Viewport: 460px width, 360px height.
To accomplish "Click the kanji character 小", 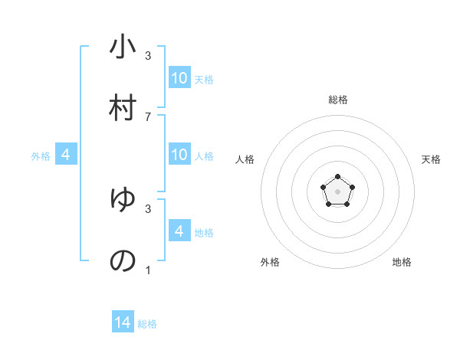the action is click(x=123, y=47).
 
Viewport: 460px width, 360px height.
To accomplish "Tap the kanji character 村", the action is click(x=123, y=107).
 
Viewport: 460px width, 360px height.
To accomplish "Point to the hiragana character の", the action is click(x=123, y=260).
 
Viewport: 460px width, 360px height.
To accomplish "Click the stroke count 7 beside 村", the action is click(x=148, y=116).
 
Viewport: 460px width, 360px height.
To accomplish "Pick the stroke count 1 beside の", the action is click(x=148, y=270).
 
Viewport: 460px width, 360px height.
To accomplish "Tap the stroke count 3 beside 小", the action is click(x=148, y=56).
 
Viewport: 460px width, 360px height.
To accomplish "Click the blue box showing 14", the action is click(x=123, y=322).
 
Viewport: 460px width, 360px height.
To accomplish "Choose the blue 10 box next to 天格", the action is click(x=179, y=78).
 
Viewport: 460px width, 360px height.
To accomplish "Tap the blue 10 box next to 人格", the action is click(x=179, y=155).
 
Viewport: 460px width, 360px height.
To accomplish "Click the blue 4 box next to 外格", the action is click(x=66, y=155).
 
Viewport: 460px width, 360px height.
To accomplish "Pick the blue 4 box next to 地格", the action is click(x=179, y=231).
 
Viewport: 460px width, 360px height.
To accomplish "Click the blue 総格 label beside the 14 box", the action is click(x=147, y=324).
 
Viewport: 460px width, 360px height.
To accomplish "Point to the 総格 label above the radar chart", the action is click(x=338, y=100).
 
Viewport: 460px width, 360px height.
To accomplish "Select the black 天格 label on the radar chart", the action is click(x=432, y=159).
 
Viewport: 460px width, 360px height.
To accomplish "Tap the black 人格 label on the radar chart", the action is click(x=245, y=159).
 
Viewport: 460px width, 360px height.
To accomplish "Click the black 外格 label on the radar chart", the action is click(x=270, y=262).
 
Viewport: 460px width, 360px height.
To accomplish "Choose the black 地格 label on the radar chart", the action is click(x=402, y=262).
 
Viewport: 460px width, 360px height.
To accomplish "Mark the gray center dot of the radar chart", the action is click(x=337, y=191).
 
